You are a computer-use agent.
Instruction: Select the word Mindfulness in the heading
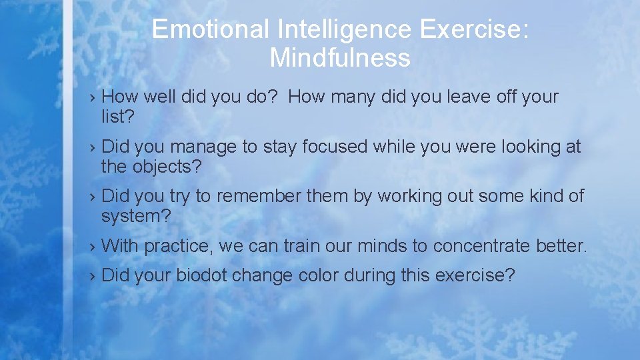tap(340, 59)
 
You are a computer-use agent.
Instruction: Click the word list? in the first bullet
tap(117, 117)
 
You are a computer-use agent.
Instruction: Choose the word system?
tap(136, 217)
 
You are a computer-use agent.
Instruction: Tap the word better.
tap(561, 247)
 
